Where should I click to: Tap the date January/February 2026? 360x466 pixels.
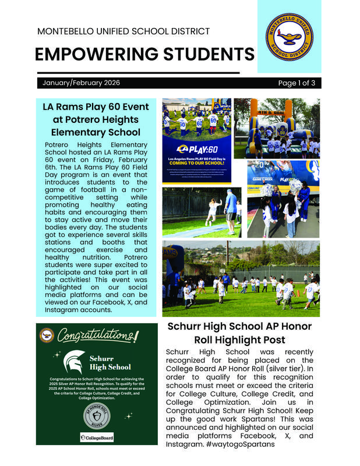(x=81, y=83)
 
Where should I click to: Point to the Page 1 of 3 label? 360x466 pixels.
(x=297, y=83)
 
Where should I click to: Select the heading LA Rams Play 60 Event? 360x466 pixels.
(x=96, y=107)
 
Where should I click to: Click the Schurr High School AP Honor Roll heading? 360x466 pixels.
(x=239, y=333)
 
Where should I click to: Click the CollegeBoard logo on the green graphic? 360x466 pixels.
(x=97, y=437)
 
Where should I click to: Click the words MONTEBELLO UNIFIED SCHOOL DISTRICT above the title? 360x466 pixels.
(x=123, y=31)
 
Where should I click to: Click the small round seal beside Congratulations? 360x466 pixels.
(x=47, y=335)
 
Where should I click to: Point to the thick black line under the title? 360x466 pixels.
(x=137, y=73)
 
